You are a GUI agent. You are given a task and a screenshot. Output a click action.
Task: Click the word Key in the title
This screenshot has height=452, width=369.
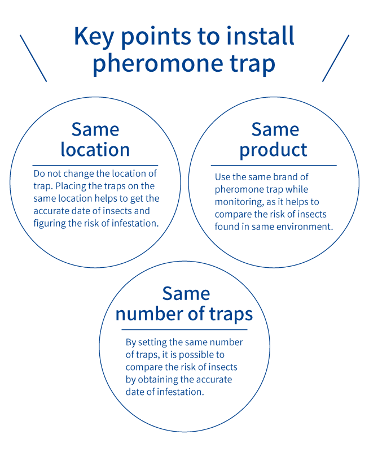pos(94,37)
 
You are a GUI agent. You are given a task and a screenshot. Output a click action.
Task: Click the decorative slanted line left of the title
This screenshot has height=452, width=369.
pos(33,58)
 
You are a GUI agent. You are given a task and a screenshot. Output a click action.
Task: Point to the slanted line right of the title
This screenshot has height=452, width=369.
pos(336,58)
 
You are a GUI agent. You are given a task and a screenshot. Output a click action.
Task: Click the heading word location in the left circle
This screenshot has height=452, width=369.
pos(95,149)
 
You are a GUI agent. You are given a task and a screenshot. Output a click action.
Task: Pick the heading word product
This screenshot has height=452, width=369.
pos(274,150)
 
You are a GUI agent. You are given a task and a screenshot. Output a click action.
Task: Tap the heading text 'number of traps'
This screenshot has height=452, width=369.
pos(184,314)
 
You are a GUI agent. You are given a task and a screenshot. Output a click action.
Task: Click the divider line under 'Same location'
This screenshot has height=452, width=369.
pos(95,166)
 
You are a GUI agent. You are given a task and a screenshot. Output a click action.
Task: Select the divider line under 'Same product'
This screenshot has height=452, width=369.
pos(274,166)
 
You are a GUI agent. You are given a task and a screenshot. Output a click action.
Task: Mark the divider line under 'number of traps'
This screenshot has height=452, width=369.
pos(184,329)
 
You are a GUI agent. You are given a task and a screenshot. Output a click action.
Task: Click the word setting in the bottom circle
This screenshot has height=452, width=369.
pos(152,342)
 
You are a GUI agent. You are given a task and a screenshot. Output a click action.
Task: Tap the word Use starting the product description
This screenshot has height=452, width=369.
pos(222,177)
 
